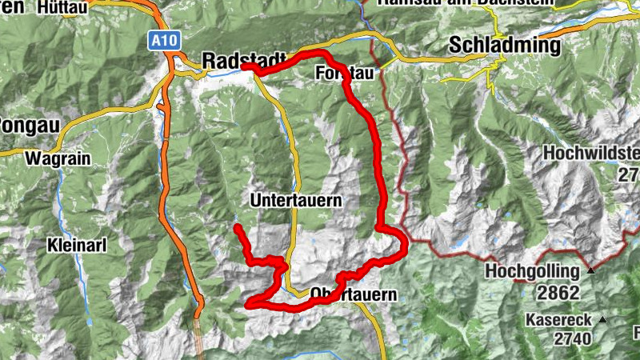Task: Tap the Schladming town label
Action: point(504,45)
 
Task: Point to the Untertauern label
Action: point(297,199)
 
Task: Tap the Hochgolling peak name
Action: point(533,272)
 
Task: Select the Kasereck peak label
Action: point(559,320)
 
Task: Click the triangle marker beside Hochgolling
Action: point(591,270)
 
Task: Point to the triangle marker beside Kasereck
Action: point(602,320)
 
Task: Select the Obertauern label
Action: point(352,294)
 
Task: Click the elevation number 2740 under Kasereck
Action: point(572,338)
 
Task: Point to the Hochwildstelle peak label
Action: point(591,152)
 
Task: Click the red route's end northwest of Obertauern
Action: point(237,229)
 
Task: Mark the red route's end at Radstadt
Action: point(242,69)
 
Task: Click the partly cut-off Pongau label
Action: point(16,126)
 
